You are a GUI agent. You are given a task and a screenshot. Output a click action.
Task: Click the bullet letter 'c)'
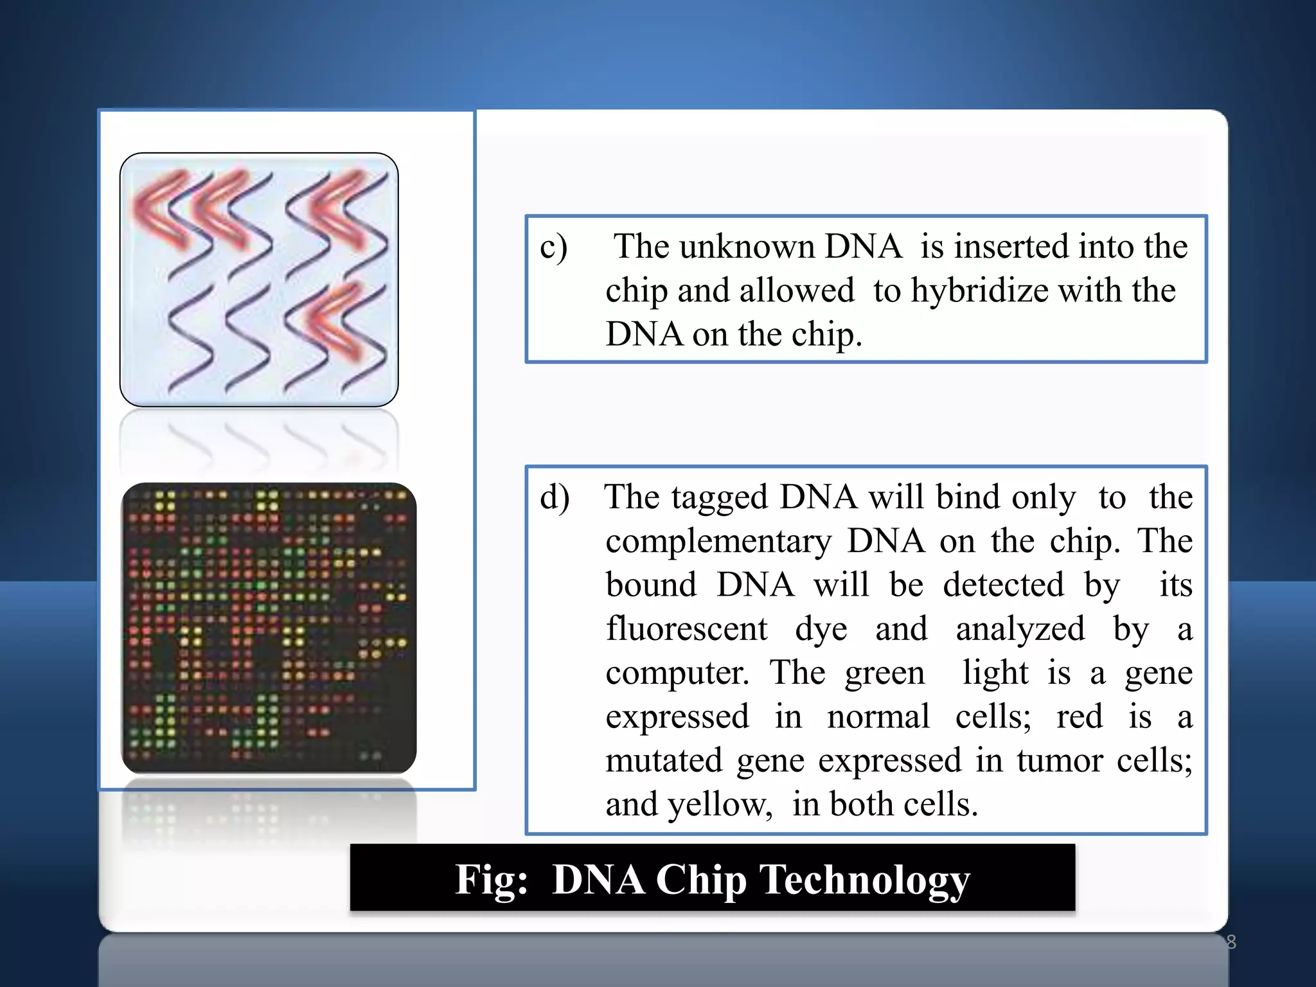tap(553, 247)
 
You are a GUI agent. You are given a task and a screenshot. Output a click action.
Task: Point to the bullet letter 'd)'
tap(555, 498)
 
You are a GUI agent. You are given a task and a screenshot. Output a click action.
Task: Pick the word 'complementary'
tap(718, 541)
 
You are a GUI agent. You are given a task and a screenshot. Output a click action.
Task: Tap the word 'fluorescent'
tap(686, 628)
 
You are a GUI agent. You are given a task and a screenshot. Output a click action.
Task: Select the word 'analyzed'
tap(1020, 628)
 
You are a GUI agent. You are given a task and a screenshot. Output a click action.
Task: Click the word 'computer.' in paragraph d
tap(677, 673)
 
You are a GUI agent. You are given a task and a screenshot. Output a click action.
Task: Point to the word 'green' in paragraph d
tap(884, 674)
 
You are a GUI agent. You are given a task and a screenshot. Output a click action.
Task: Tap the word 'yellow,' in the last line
tap(720, 805)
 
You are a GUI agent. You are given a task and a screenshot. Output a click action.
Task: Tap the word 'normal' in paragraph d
tap(878, 716)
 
